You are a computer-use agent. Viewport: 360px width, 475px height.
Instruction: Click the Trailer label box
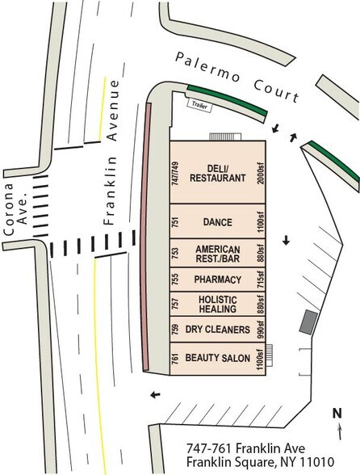click(x=200, y=105)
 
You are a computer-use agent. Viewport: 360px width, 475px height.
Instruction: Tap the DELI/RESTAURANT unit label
click(x=217, y=173)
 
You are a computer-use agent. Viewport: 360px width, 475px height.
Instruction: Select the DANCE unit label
click(x=217, y=222)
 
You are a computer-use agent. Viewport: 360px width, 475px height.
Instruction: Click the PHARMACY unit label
click(x=217, y=280)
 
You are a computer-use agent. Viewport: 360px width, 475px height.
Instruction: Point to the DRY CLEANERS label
click(x=217, y=330)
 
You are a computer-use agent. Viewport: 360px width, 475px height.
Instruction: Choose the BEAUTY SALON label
click(x=217, y=358)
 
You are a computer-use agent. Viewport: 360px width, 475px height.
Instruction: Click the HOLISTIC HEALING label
click(x=217, y=305)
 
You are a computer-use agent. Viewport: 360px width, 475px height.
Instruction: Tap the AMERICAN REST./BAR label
click(x=217, y=254)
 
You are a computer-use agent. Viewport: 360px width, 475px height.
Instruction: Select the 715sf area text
click(x=261, y=280)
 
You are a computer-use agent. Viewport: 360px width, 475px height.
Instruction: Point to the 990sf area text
click(x=261, y=330)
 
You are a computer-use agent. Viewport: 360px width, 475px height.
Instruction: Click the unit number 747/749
click(x=175, y=173)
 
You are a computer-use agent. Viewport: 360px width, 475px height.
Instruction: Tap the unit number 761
click(x=175, y=358)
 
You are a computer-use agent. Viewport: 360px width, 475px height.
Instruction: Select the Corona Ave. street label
click(x=15, y=209)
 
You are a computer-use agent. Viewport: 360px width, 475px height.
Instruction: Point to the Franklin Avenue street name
click(x=111, y=153)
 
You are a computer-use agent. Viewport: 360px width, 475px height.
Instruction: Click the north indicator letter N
click(x=337, y=414)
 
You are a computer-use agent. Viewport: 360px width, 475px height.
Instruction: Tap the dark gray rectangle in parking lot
click(x=308, y=322)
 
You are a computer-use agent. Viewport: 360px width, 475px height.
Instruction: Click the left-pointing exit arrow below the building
click(x=155, y=395)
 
